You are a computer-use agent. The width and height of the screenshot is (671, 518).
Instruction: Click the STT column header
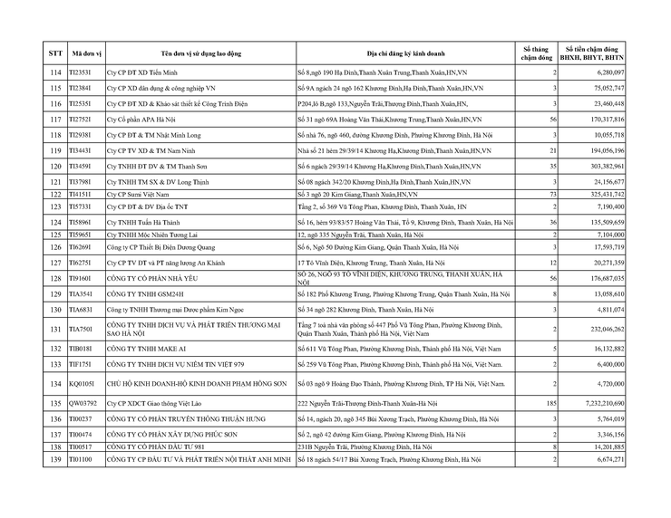pyautogui.click(x=54, y=53)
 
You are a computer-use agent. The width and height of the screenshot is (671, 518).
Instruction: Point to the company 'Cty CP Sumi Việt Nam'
pyautogui.click(x=139, y=195)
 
